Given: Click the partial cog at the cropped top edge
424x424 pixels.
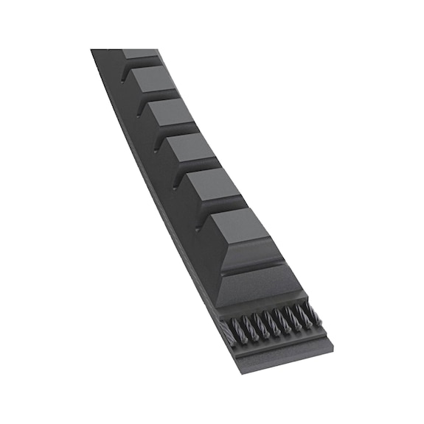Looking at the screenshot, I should click(x=139, y=53).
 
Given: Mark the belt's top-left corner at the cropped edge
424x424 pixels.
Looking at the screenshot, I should click(x=92, y=50).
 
